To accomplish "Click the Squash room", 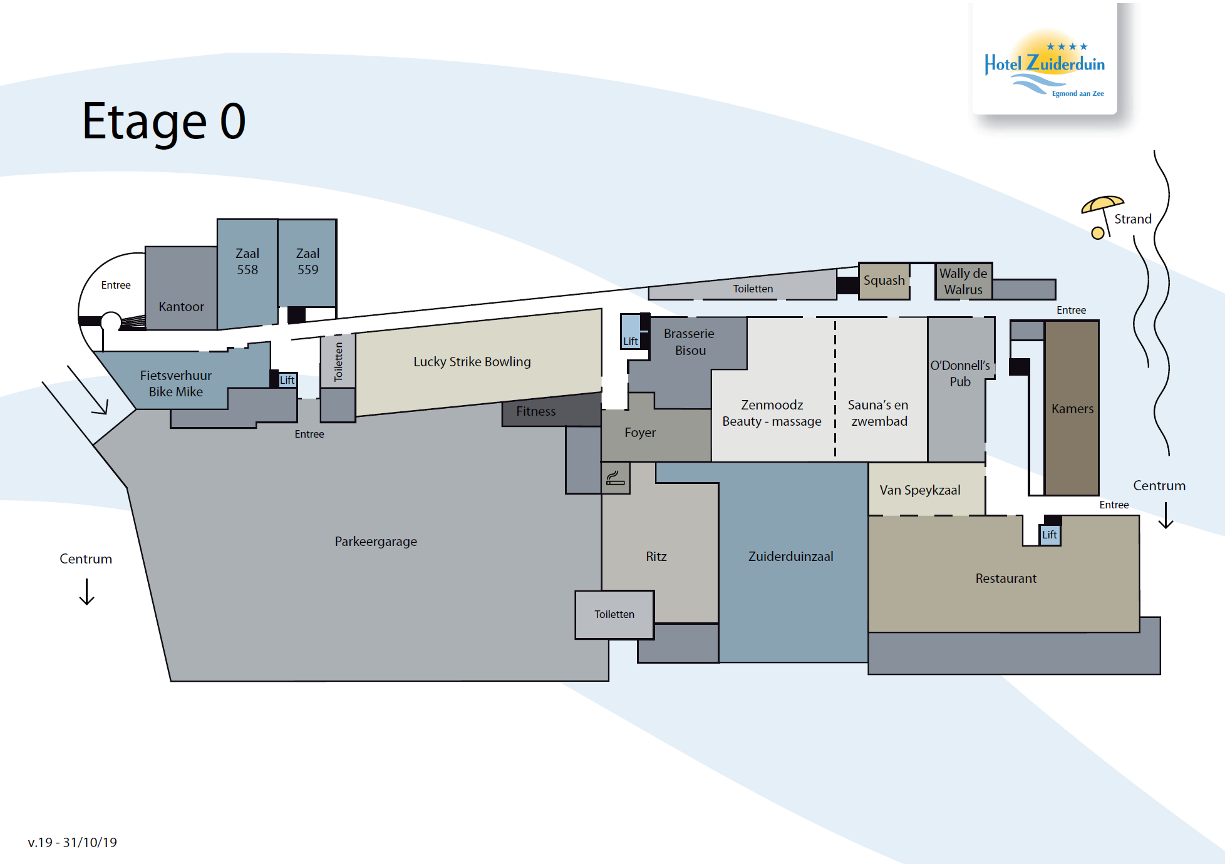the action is coord(884,281).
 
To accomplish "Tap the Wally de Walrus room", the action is coord(963,281).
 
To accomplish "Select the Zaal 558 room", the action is coord(247,273).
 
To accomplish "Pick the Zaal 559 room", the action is coord(308,262).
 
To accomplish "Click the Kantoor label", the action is coord(181,307).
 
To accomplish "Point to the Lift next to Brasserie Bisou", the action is coord(631,331).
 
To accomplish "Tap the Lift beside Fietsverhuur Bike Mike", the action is coord(287,380).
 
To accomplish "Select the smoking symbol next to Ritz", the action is coord(616,478).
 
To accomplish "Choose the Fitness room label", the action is coord(536,411).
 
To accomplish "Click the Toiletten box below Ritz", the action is coord(614,615).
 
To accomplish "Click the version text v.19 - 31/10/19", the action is coord(73,843).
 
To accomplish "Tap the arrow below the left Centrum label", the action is coord(86,592).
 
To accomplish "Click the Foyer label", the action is coord(640,433).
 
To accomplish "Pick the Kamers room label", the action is coord(1072,409).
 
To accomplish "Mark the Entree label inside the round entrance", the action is coord(116,285).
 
